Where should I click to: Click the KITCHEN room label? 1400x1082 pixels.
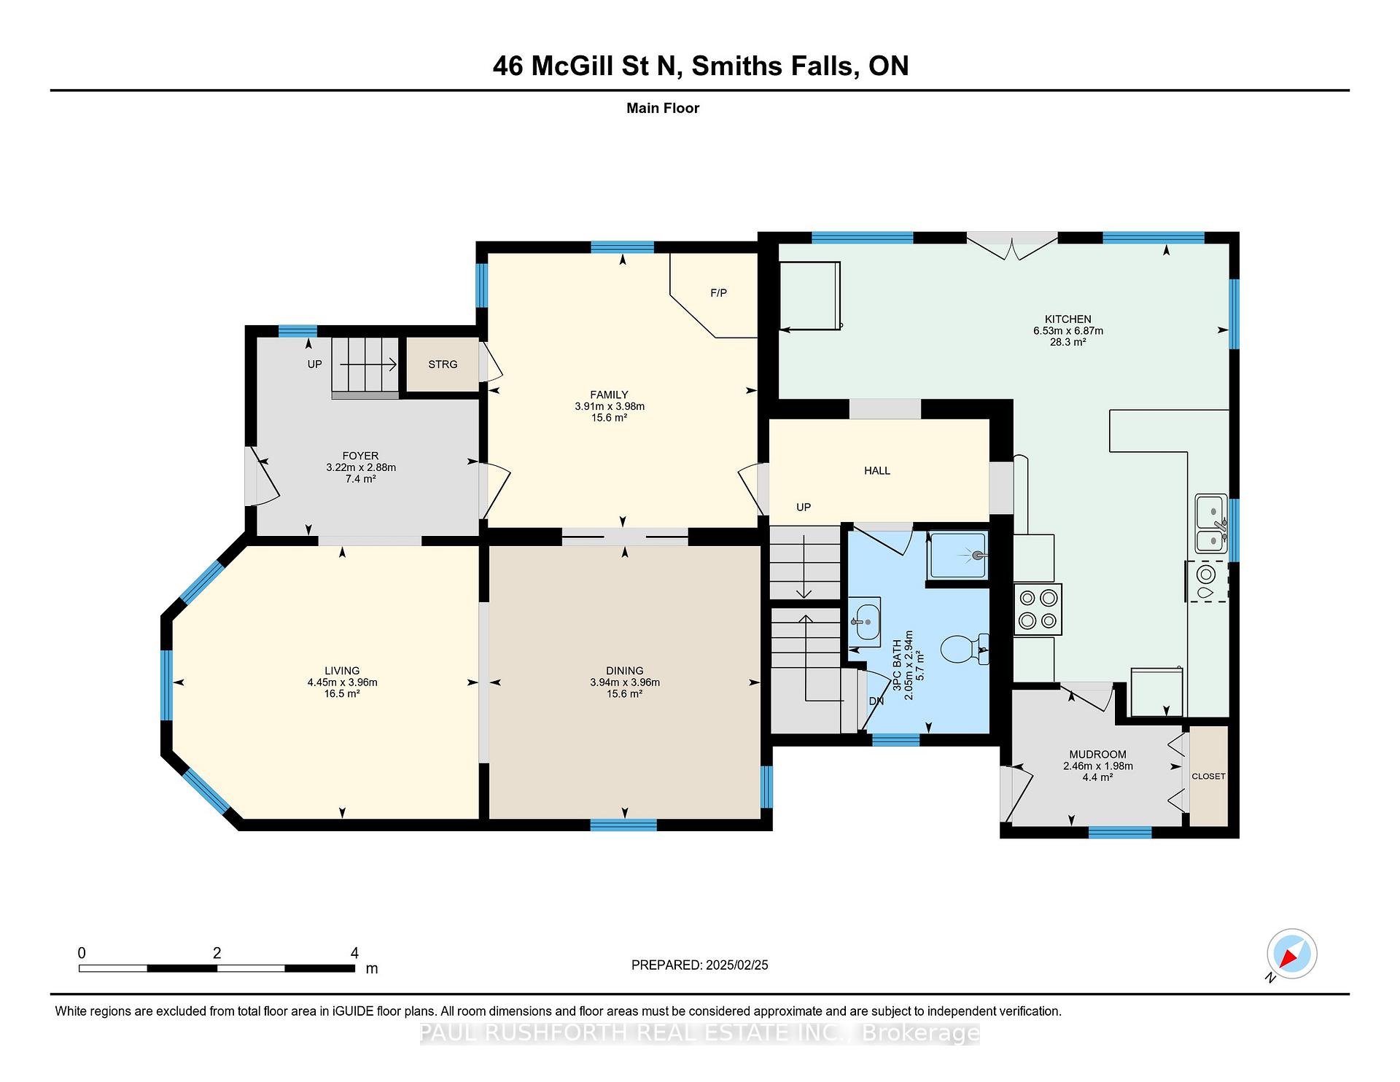(x=1067, y=319)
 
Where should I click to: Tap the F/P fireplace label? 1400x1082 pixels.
(x=718, y=293)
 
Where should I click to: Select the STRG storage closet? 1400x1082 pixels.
(x=443, y=365)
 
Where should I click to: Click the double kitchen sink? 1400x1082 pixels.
(x=1211, y=524)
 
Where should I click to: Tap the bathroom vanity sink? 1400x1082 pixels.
(x=865, y=622)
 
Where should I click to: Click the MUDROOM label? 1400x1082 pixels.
(x=1097, y=755)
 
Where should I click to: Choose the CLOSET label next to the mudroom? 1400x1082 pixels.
(x=1208, y=776)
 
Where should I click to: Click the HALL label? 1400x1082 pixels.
(x=877, y=471)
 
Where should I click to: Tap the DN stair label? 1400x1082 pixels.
(x=876, y=701)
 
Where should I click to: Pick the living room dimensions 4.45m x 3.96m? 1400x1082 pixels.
(x=342, y=682)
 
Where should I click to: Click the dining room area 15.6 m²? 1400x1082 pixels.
(x=624, y=694)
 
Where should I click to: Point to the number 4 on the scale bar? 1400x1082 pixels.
(x=354, y=953)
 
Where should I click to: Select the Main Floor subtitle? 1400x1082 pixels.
(x=663, y=108)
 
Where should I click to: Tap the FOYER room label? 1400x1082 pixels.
(x=360, y=456)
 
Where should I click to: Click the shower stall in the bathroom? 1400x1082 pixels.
(x=957, y=556)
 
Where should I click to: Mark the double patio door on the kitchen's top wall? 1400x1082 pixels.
(x=1012, y=245)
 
